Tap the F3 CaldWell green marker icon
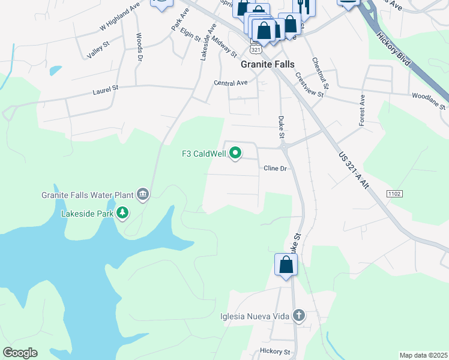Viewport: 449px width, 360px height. [x=235, y=154]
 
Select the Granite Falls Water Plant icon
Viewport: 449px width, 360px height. [x=143, y=194]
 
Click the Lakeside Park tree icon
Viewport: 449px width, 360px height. [x=122, y=212]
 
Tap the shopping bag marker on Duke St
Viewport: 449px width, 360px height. [x=286, y=265]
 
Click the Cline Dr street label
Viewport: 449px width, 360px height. [x=276, y=169]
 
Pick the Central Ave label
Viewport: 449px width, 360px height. [x=231, y=83]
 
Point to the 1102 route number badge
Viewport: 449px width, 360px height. [x=394, y=193]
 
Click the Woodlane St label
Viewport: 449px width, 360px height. [x=428, y=99]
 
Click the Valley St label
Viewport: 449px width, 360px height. [x=98, y=50]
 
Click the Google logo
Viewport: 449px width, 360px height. [x=20, y=353]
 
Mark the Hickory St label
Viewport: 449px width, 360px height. [x=275, y=352]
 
